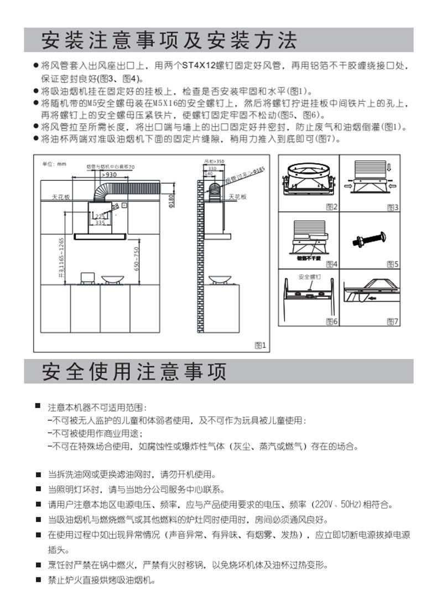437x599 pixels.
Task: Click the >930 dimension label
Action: click(108, 175)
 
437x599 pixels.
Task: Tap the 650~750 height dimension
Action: click(137, 258)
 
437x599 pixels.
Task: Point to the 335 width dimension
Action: click(100, 223)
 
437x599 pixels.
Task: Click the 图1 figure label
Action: click(260, 345)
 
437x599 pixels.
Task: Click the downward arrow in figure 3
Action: click(391, 165)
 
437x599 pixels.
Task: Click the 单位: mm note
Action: click(54, 164)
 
